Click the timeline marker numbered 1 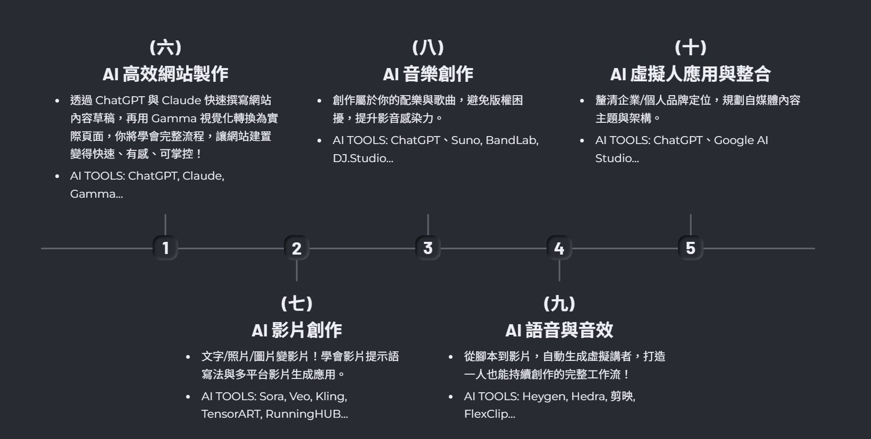pyautogui.click(x=165, y=248)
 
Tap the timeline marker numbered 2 pyautogui.click(x=297, y=248)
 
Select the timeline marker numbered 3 pyautogui.click(x=428, y=248)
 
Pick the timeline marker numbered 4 pyautogui.click(x=559, y=248)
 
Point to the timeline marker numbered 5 pyautogui.click(x=690, y=248)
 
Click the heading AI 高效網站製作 pyautogui.click(x=165, y=74)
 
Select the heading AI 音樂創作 pyautogui.click(x=428, y=74)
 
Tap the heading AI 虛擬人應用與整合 pyautogui.click(x=690, y=74)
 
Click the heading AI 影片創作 pyautogui.click(x=297, y=330)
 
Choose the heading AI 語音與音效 pyautogui.click(x=559, y=330)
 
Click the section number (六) pyautogui.click(x=165, y=47)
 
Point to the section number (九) pyautogui.click(x=559, y=303)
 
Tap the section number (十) pyautogui.click(x=690, y=47)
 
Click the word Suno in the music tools pyautogui.click(x=465, y=140)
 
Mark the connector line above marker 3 pyautogui.click(x=428, y=224)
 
